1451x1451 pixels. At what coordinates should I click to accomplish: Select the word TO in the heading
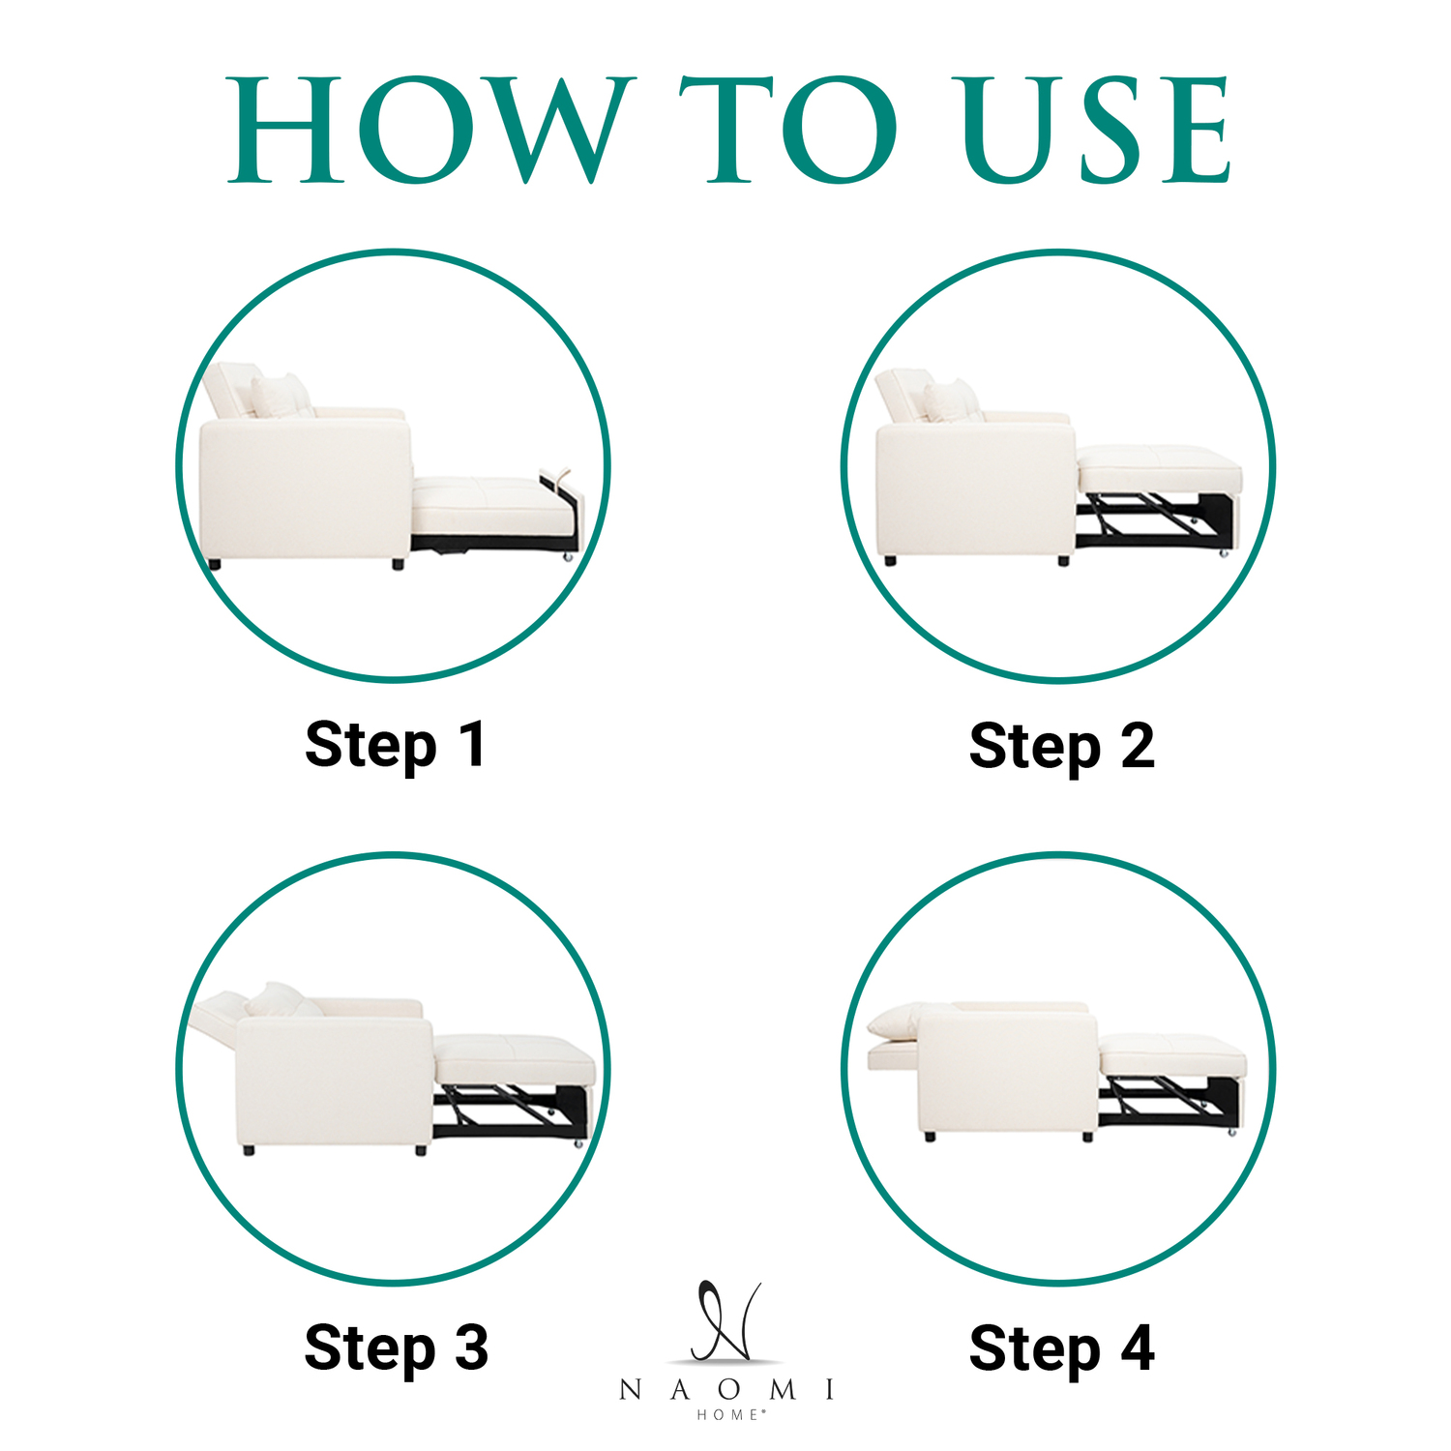[787, 130]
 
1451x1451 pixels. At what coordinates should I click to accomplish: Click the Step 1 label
[395, 746]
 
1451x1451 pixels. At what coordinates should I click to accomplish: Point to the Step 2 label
[1061, 748]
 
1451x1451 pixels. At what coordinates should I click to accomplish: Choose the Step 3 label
[396, 1348]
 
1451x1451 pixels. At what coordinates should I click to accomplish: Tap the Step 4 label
[1061, 1348]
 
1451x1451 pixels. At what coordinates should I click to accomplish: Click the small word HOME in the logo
[730, 1414]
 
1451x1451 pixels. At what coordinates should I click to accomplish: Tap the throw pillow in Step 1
[281, 396]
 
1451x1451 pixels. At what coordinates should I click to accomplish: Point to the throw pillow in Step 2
[952, 401]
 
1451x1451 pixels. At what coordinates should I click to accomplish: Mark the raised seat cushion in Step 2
[1159, 469]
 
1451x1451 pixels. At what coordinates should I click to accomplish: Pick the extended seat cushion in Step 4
[1171, 1055]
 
